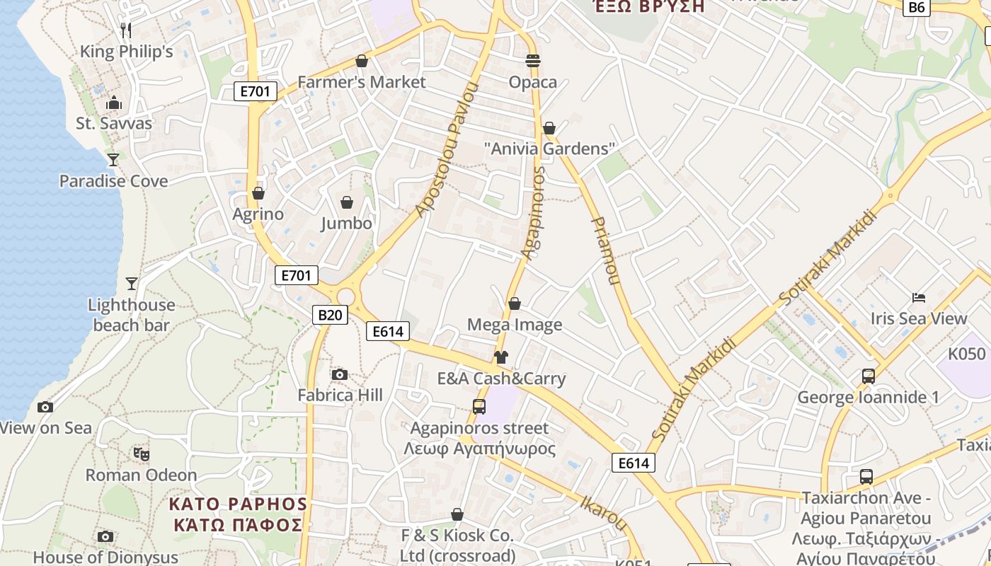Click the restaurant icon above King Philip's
[x=126, y=30]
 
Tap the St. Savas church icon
[x=114, y=103]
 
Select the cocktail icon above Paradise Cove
[x=113, y=159]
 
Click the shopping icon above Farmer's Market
[x=362, y=62]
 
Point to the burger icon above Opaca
[x=533, y=61]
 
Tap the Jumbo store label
[x=346, y=224]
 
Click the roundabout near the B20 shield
[x=346, y=296]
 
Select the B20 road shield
[x=330, y=315]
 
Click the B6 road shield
[x=916, y=7]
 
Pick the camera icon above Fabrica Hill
[x=340, y=374]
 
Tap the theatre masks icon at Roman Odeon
[x=141, y=454]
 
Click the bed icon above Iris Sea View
[x=919, y=298]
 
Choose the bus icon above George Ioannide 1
[x=869, y=376]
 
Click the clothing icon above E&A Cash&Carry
[x=501, y=357]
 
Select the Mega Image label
[x=515, y=325]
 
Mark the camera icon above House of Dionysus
[x=105, y=537]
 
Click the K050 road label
[x=967, y=354]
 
